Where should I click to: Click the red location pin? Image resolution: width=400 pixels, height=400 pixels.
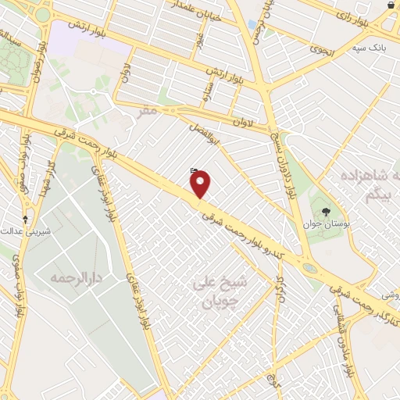[x=201, y=184]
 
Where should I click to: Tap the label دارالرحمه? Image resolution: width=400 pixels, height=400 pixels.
[x=78, y=277]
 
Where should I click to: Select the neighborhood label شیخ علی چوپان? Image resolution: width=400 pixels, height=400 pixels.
[x=220, y=291]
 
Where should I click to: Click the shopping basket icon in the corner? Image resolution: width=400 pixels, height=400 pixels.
[x=391, y=5]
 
